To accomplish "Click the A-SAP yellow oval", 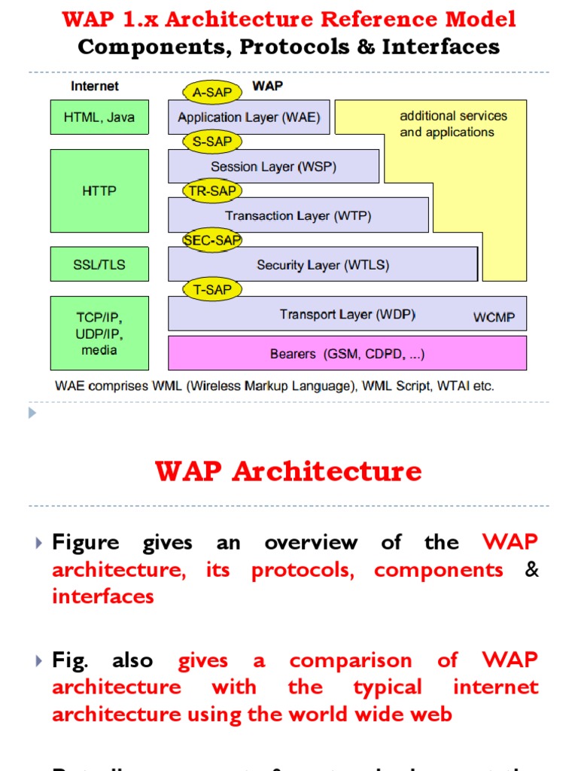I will click(x=212, y=93).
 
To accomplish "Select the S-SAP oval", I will click(x=212, y=142).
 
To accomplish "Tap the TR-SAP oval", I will click(x=212, y=191).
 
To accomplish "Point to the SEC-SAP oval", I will click(x=213, y=239).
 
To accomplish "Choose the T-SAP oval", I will click(x=212, y=289).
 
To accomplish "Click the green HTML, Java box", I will click(x=99, y=117).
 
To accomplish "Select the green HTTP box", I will click(x=99, y=191).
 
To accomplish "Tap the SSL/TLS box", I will click(x=99, y=264).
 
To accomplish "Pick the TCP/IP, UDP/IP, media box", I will click(x=99, y=332).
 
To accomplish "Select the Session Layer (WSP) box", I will click(x=273, y=166).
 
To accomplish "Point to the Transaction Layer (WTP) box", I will click(x=298, y=216).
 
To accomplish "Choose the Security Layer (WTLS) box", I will click(x=323, y=265).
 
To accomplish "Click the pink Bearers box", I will click(x=347, y=353).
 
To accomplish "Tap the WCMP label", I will click(x=494, y=317).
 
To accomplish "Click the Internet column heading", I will click(x=95, y=86).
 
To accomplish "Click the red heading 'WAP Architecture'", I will click(x=288, y=471).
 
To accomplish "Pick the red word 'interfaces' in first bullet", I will click(x=102, y=596).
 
